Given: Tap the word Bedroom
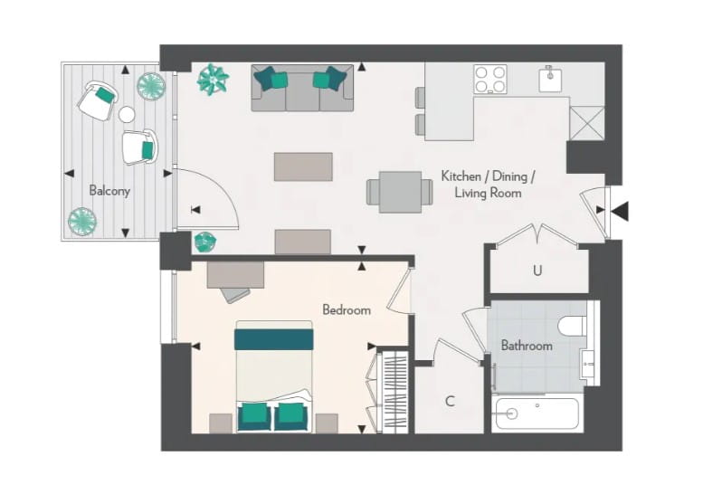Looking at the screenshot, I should click(347, 309).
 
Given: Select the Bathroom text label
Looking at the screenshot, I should click(527, 346).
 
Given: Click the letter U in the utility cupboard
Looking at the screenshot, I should click(537, 271).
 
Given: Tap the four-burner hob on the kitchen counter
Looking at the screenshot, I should click(490, 80).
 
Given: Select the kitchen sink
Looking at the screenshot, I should click(552, 80).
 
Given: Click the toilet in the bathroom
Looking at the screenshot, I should click(574, 325).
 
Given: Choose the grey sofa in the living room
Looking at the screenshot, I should click(302, 89).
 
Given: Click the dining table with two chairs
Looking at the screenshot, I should click(400, 192).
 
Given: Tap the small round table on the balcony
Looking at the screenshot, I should click(127, 115).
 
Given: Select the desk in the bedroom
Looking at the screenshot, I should click(235, 276).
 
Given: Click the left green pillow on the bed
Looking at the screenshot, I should click(254, 416).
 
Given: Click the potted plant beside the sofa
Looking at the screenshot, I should click(214, 80).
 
